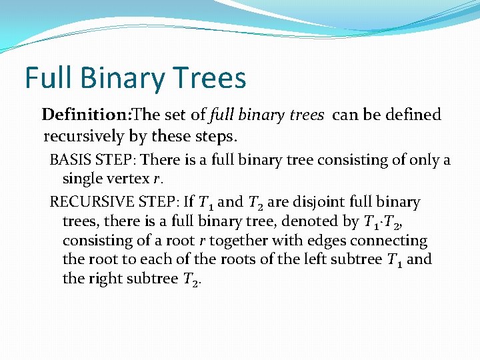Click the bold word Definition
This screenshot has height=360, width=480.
coord(85,115)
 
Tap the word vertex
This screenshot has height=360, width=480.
coord(129,179)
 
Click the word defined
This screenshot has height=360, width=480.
coord(412,115)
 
